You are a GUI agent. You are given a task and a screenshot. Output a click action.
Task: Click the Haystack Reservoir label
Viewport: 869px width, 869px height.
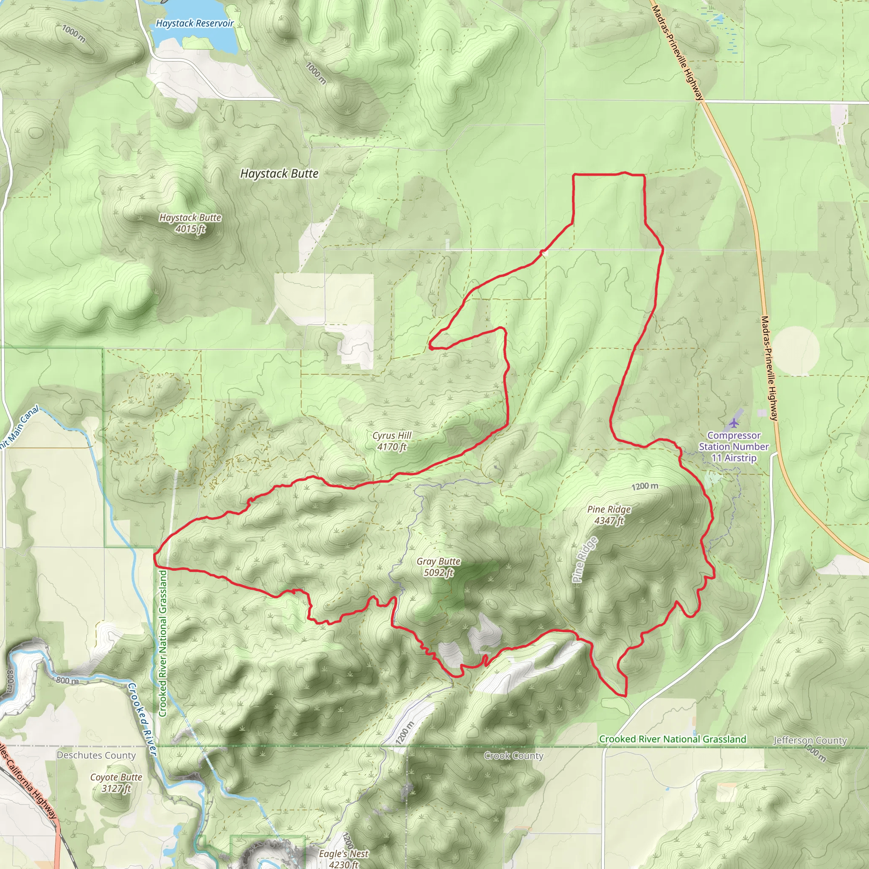click(x=194, y=23)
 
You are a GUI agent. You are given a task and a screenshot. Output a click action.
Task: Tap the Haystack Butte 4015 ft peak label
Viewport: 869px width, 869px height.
click(x=190, y=223)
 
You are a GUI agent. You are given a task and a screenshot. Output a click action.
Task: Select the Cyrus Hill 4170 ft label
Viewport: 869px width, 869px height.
click(x=392, y=441)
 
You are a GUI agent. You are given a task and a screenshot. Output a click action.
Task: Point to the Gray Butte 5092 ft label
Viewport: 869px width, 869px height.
click(x=438, y=567)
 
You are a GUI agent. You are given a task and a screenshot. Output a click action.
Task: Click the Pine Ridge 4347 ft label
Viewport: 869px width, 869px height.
click(x=609, y=515)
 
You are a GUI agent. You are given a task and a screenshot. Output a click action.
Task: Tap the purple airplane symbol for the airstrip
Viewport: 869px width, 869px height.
click(x=734, y=423)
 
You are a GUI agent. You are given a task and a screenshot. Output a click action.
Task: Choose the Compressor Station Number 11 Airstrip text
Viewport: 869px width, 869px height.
click(x=734, y=447)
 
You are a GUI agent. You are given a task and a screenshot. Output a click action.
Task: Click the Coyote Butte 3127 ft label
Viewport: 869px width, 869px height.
click(x=116, y=782)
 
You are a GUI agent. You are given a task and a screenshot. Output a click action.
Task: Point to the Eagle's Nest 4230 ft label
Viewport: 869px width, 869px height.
click(x=344, y=859)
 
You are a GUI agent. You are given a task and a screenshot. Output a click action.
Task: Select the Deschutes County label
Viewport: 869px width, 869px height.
click(x=96, y=755)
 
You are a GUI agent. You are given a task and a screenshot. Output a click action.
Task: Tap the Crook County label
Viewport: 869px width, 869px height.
click(x=514, y=756)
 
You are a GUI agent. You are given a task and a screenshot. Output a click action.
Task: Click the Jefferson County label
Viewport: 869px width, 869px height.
click(x=810, y=740)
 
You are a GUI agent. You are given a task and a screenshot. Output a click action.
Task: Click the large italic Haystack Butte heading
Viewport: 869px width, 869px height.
click(x=279, y=174)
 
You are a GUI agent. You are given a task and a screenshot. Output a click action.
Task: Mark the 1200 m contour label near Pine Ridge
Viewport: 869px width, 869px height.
click(x=645, y=486)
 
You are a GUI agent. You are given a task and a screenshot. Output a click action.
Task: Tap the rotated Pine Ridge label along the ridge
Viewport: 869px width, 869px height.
click(x=586, y=560)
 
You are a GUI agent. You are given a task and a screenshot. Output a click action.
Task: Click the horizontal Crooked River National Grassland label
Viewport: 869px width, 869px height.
click(x=673, y=739)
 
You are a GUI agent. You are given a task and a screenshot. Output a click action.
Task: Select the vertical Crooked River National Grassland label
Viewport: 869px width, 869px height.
click(x=163, y=643)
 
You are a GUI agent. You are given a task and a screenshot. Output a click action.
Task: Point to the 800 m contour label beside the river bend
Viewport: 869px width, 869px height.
click(x=67, y=681)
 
